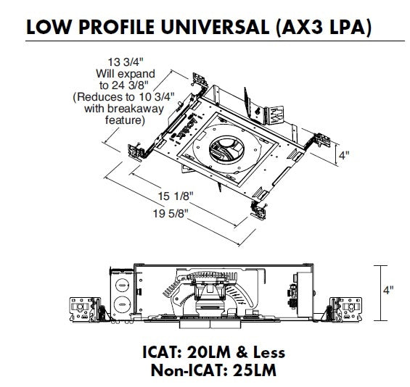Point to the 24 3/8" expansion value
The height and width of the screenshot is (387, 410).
pyautogui.click(x=128, y=85)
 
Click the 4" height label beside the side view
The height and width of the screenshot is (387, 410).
pyautogui.click(x=389, y=290)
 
